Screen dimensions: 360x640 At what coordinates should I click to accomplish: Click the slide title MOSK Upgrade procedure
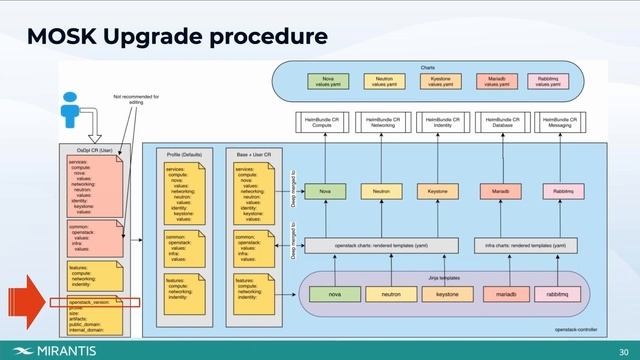pos(177,37)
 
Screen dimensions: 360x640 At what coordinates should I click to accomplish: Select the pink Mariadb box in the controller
pos(497,190)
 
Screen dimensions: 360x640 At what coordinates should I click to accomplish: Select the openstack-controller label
pos(577,328)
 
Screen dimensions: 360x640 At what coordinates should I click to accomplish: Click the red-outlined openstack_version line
pos(90,300)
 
